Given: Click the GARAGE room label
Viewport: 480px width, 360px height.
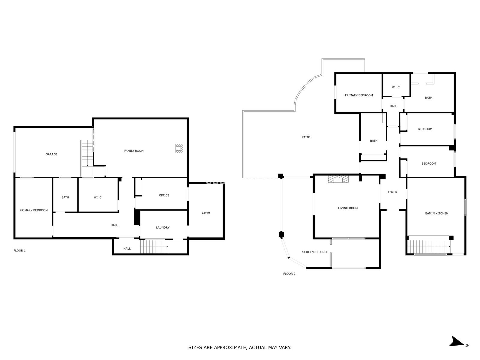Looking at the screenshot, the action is coord(51,154).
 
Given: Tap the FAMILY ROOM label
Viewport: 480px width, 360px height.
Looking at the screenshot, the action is coord(134,151).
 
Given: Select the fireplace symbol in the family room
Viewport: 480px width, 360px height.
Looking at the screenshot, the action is coord(179,148).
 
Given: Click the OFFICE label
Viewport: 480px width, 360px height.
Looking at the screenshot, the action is coord(164,195).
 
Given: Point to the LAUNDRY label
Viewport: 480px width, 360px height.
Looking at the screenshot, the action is coord(163,227).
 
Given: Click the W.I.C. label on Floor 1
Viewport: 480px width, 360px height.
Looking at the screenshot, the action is coord(98,197).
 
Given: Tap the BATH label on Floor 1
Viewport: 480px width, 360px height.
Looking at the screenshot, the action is coord(65,197).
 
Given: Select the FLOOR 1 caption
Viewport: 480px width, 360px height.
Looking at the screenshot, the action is coord(19,250).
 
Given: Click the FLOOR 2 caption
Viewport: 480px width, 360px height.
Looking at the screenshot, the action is coord(289,274).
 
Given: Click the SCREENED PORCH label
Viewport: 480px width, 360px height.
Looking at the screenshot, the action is coord(315,252).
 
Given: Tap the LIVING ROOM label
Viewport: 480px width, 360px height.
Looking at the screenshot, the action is coord(348,208).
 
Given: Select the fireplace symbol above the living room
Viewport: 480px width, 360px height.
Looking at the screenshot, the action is coord(338,178).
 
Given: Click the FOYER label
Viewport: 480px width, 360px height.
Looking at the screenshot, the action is coord(392,192).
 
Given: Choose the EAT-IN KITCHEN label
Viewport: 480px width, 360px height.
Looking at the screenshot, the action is coord(436,213).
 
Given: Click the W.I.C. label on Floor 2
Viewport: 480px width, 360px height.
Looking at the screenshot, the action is coord(396,87).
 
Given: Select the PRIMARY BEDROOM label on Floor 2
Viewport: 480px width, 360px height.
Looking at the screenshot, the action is coord(358,95).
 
